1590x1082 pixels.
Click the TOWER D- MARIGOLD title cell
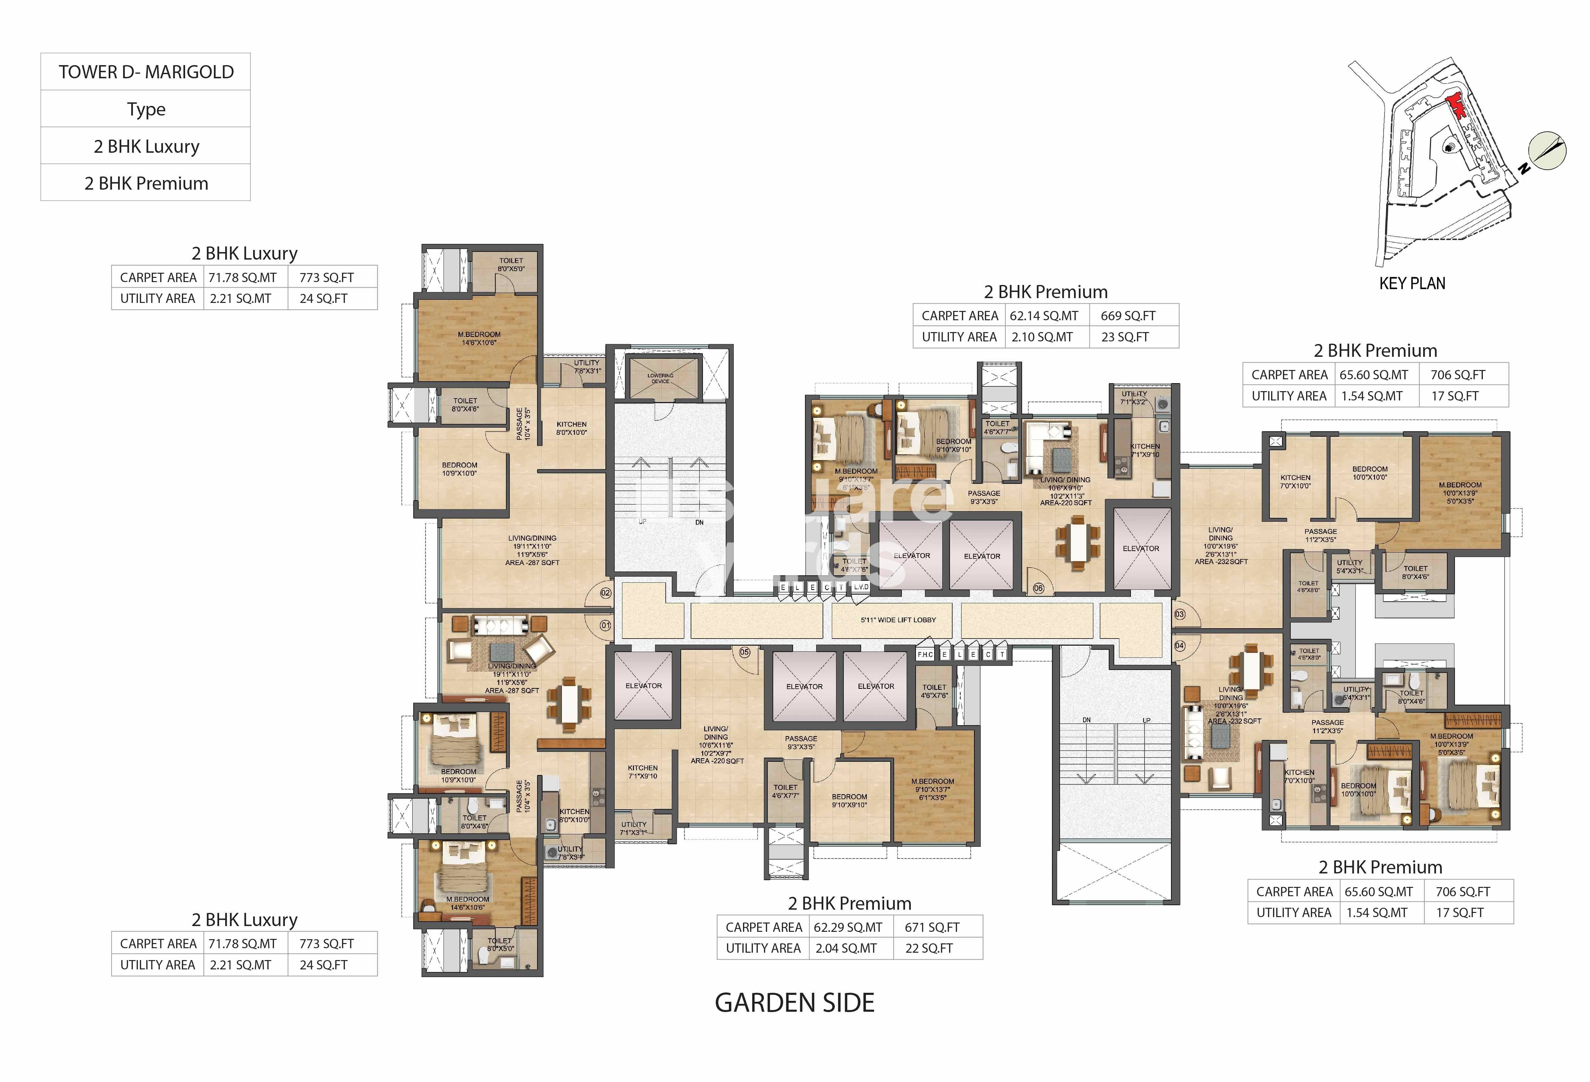[146, 72]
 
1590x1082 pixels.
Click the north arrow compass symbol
[1548, 150]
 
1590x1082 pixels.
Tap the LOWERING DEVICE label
[660, 378]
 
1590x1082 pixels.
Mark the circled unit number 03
[1179, 614]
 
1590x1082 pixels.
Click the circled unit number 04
[1179, 645]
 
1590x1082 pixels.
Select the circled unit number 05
[744, 652]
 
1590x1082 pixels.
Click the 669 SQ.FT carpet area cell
[1127, 315]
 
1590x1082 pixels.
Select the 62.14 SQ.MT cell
[1043, 315]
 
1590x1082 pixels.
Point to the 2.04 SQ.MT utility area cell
[846, 948]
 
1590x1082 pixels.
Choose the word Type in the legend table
[146, 109]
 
